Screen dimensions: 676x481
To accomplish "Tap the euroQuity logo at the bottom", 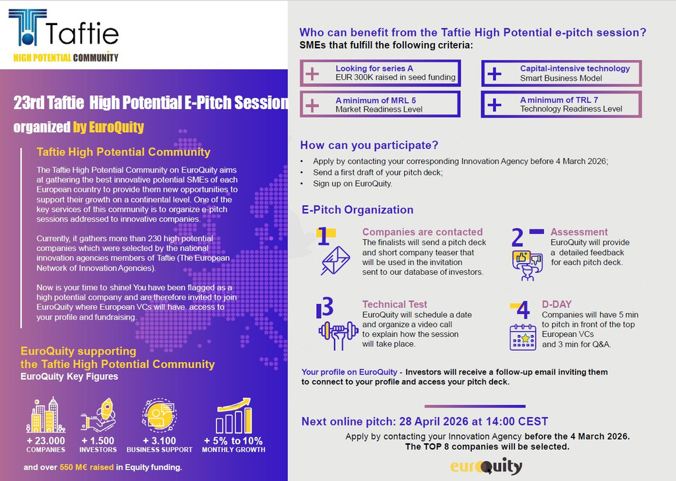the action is [x=487, y=466].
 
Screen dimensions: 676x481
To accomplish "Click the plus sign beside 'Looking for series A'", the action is [x=312, y=74].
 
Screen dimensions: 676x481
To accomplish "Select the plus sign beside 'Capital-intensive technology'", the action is [x=494, y=74].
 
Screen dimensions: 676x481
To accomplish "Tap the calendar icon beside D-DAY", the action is [x=523, y=337].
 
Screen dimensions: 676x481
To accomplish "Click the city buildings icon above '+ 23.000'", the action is [x=46, y=415].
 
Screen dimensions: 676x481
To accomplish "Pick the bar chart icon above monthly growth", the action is [x=234, y=416].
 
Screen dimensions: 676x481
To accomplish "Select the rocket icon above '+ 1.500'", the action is [x=98, y=415].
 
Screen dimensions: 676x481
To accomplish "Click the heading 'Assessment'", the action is [x=579, y=232].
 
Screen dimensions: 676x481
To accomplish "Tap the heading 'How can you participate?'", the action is [x=369, y=145].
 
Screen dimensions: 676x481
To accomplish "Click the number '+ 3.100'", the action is [x=160, y=441].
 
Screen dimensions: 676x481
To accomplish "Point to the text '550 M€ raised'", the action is [x=86, y=467].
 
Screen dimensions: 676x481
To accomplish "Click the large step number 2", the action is [x=518, y=238].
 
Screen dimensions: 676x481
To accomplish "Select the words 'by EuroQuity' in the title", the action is [x=108, y=128].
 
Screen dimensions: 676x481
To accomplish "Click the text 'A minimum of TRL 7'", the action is [x=559, y=100].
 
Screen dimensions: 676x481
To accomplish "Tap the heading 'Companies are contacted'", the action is [x=422, y=232].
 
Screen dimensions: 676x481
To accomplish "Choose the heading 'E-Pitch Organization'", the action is [x=357, y=210].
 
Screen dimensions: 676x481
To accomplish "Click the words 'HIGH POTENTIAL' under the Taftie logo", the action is [x=42, y=57].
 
